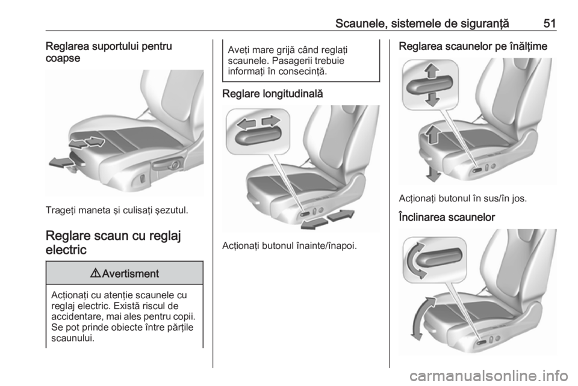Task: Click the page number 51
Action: coord(550,23)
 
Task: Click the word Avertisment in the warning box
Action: coord(131,274)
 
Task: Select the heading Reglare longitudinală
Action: coord(272,94)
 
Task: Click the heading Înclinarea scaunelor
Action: coord(447,217)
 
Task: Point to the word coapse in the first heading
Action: coord(63,58)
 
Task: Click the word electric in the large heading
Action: coord(66,250)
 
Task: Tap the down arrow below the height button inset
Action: coord(432,99)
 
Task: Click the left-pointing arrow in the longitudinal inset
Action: coord(246,124)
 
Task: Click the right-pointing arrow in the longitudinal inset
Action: coord(271,121)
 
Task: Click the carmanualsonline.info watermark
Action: coord(488,375)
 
